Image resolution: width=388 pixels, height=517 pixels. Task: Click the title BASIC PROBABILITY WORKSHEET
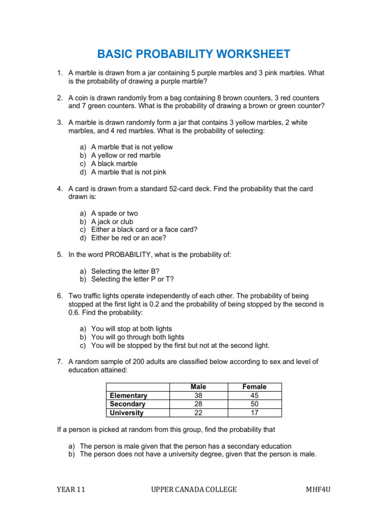tap(193, 54)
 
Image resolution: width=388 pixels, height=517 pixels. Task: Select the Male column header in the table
tap(198, 387)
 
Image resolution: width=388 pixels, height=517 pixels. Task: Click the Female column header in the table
tap(254, 387)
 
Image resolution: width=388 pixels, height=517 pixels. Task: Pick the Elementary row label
tap(128, 396)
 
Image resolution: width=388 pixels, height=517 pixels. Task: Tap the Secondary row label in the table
tap(127, 404)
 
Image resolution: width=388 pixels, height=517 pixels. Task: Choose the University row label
tap(126, 412)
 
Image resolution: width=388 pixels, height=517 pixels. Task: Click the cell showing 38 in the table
tap(198, 396)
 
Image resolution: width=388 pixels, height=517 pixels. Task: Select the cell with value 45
tap(254, 396)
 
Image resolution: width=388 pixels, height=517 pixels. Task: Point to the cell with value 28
tap(198, 404)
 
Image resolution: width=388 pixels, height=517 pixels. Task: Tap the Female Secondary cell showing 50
tap(254, 404)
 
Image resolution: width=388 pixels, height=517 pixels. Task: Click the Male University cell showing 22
tap(198, 412)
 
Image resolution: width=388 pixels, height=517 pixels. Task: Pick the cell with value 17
tap(254, 412)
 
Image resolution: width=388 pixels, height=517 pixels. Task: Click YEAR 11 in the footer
tap(71, 489)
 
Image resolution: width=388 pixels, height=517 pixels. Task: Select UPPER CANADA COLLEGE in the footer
tap(194, 489)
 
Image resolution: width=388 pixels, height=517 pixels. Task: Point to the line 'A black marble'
tap(114, 164)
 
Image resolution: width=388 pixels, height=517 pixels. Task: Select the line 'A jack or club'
tap(112, 221)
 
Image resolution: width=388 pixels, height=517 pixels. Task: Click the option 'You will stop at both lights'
tap(131, 329)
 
